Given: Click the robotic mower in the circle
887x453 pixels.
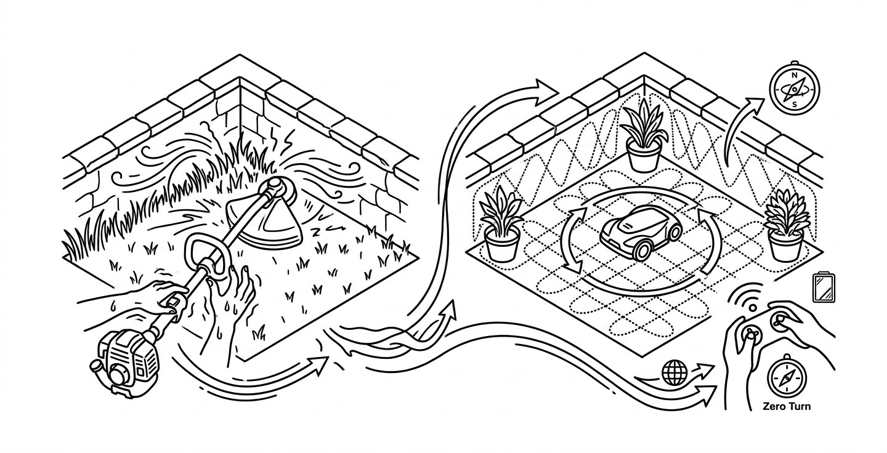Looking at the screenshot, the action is (641, 231).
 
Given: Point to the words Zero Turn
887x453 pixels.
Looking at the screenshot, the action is (787, 406).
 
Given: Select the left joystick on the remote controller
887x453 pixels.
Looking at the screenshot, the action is (750, 334).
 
